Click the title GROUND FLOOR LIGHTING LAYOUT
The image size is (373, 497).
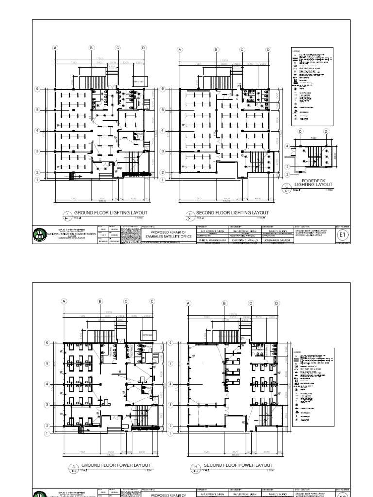110,213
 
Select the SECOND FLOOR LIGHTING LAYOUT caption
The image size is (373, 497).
232,213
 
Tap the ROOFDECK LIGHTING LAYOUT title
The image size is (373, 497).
317,182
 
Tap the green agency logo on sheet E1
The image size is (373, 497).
38,235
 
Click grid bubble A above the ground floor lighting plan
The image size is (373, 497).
55,48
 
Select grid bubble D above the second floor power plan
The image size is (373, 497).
276,303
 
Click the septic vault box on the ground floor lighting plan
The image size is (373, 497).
138,82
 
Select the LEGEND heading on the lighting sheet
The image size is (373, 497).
296,51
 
